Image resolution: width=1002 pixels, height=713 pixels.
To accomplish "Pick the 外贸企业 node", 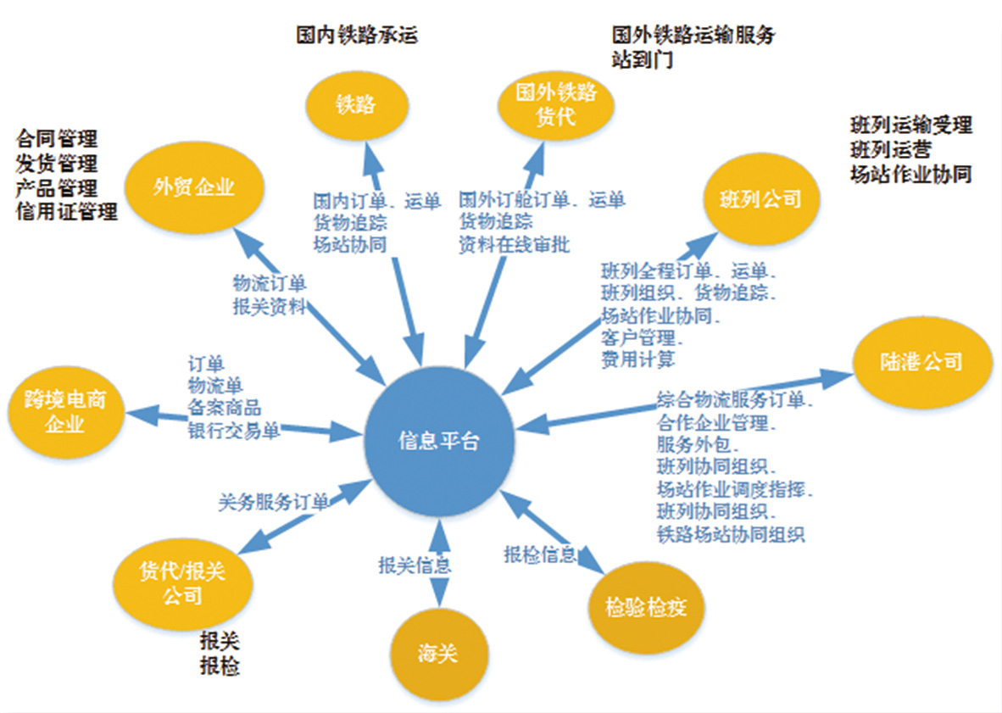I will (194, 188).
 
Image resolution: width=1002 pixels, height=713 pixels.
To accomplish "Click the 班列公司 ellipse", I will (753, 199).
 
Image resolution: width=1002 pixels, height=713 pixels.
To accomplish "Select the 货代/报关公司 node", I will (182, 582).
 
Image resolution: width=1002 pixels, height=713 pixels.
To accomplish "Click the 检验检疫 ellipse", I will (645, 607).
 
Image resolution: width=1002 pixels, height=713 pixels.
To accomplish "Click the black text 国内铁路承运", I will (357, 36).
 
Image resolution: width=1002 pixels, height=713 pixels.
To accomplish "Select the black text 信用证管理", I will (67, 211).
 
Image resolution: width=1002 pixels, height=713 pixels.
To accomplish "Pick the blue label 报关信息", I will (414, 564).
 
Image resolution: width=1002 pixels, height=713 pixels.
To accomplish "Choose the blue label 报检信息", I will (540, 554).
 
